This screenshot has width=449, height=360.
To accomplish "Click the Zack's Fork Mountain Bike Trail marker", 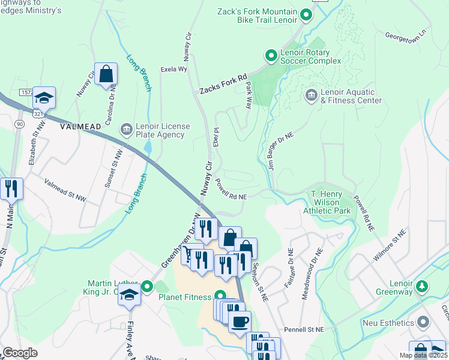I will click(306, 14).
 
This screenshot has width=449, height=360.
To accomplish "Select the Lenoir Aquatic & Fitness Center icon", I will click(311, 95).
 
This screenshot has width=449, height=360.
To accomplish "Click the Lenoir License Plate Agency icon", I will click(126, 129).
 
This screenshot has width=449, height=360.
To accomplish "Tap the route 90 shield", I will click(20, 124).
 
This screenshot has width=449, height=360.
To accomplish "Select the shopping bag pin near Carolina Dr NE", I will click(106, 74).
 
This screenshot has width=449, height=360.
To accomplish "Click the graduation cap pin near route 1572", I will click(44, 97).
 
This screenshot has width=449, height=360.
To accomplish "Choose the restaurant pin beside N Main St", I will click(11, 188).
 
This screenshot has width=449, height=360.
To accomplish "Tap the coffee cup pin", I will click(240, 321).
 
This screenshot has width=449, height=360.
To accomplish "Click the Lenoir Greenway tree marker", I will click(423, 286).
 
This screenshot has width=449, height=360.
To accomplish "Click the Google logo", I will click(20, 352).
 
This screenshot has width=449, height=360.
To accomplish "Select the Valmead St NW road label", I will click(65, 189).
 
